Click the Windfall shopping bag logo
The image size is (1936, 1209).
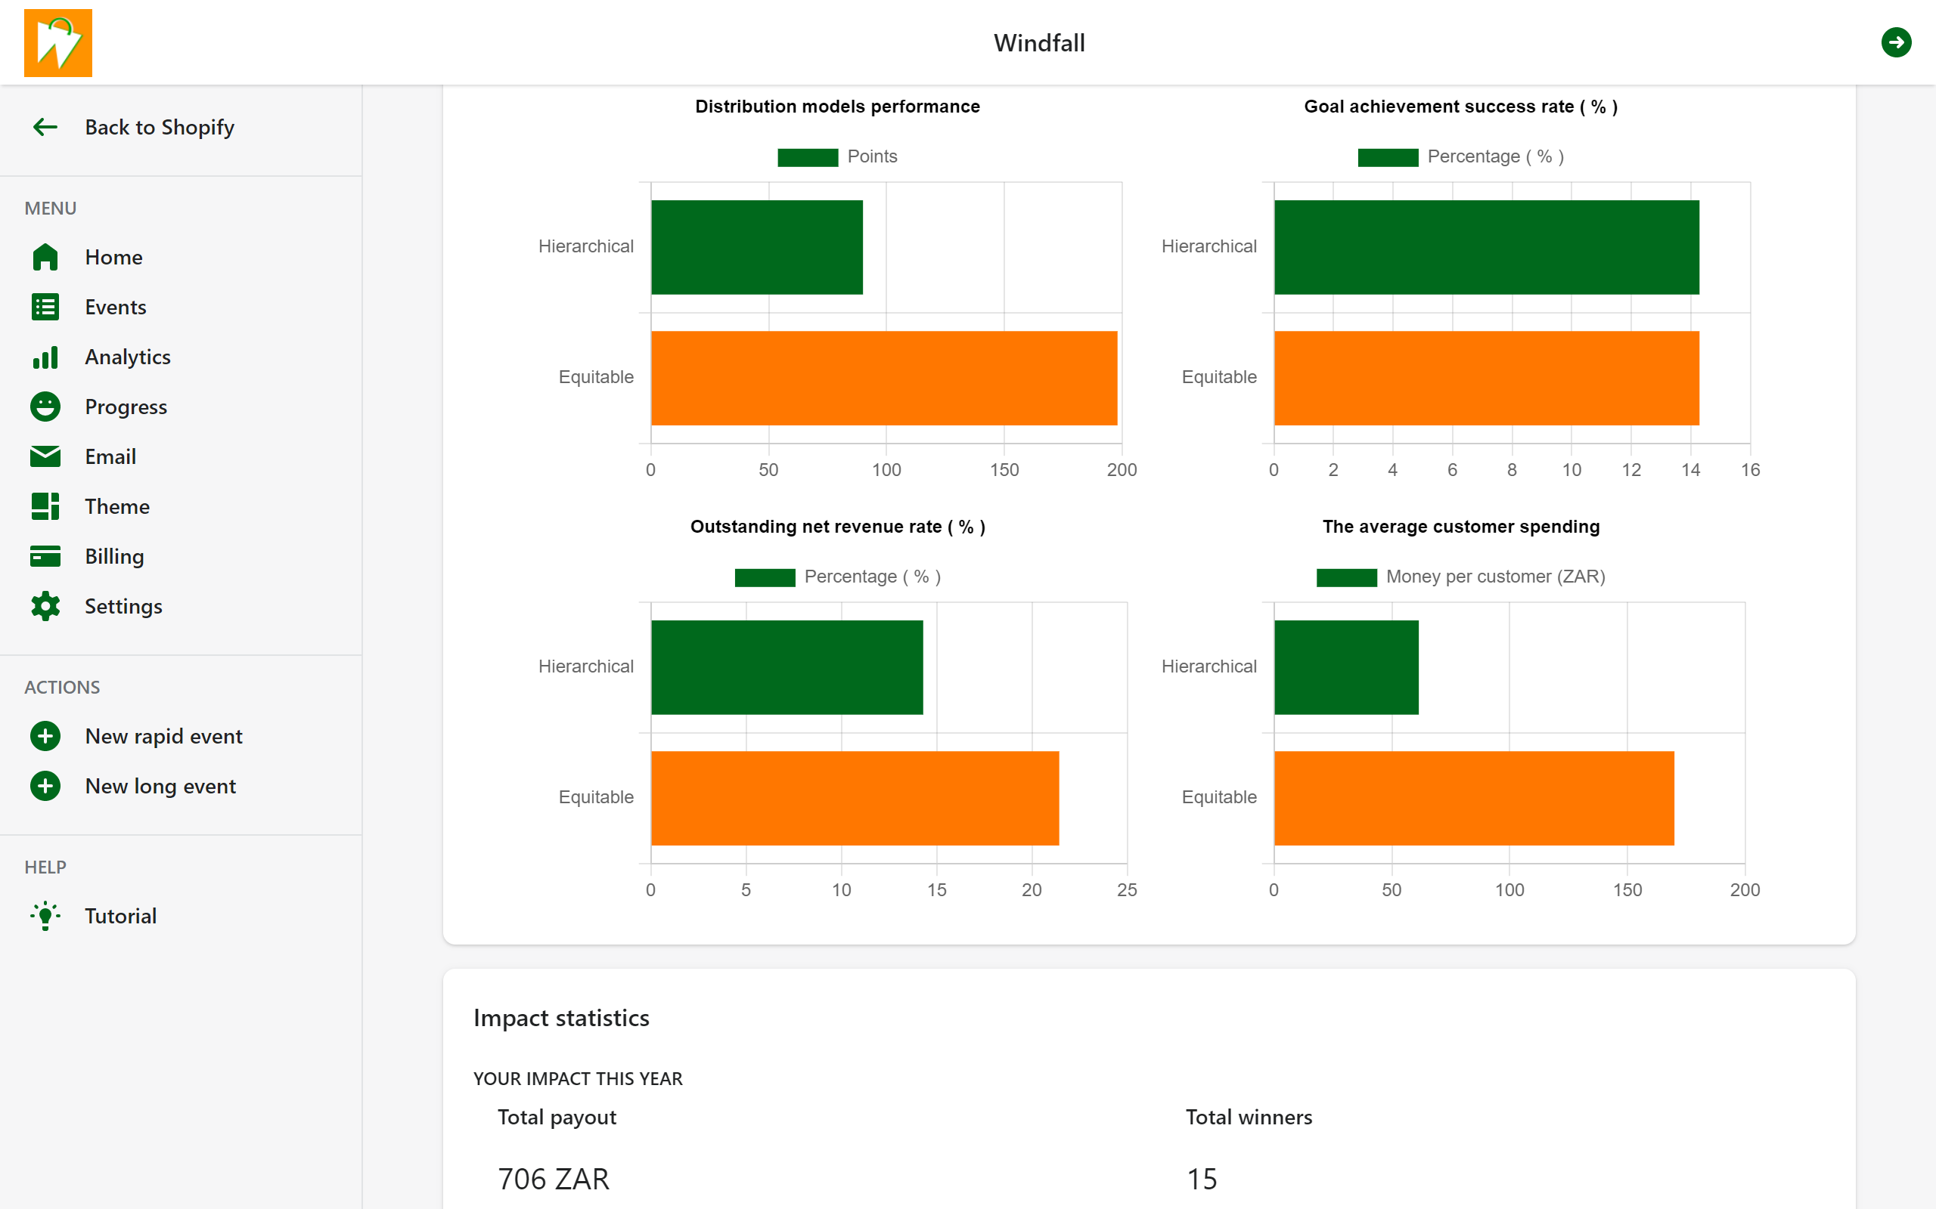click(x=57, y=43)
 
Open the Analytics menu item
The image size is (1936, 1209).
click(x=127, y=357)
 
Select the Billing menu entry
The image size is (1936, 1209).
click(x=114, y=557)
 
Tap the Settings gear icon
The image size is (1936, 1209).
click(x=45, y=606)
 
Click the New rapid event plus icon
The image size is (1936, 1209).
click(x=45, y=736)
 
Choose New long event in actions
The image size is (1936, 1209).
click(x=160, y=786)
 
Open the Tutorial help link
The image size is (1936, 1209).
click(x=120, y=916)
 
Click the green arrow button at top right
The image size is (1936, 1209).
click(x=1895, y=42)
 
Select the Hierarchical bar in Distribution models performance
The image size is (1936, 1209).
click(x=756, y=247)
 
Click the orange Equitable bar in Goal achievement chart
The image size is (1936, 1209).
click(x=1485, y=379)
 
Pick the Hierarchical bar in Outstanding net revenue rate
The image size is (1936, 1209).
click(x=786, y=667)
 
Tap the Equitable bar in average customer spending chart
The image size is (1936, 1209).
click(x=1474, y=798)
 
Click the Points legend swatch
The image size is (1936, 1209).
click(x=807, y=156)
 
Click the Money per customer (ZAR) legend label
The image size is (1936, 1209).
click(x=1495, y=577)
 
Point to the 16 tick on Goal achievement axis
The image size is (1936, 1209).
click(x=1750, y=470)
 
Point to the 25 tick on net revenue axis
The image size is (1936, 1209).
click(x=1126, y=890)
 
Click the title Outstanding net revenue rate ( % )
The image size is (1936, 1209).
click(x=838, y=527)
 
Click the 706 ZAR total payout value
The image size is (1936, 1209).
click(x=554, y=1179)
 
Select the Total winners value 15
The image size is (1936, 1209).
click(x=1202, y=1179)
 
